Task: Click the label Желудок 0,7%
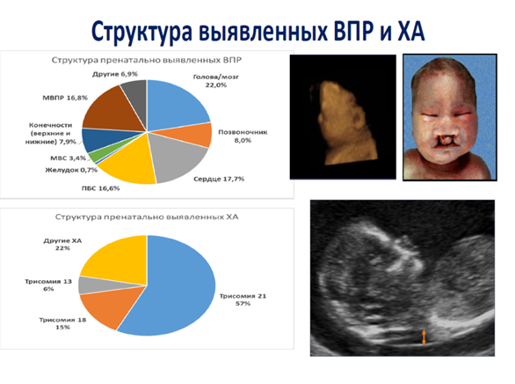(x=71, y=170)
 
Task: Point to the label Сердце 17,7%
(x=219, y=179)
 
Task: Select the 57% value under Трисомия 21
(x=243, y=303)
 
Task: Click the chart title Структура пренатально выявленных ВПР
(x=147, y=60)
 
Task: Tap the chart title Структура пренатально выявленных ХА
(x=147, y=217)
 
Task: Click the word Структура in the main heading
(x=141, y=32)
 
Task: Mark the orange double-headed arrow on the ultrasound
(x=424, y=337)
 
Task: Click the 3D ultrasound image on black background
(x=343, y=117)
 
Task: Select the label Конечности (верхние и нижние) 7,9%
(x=51, y=134)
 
